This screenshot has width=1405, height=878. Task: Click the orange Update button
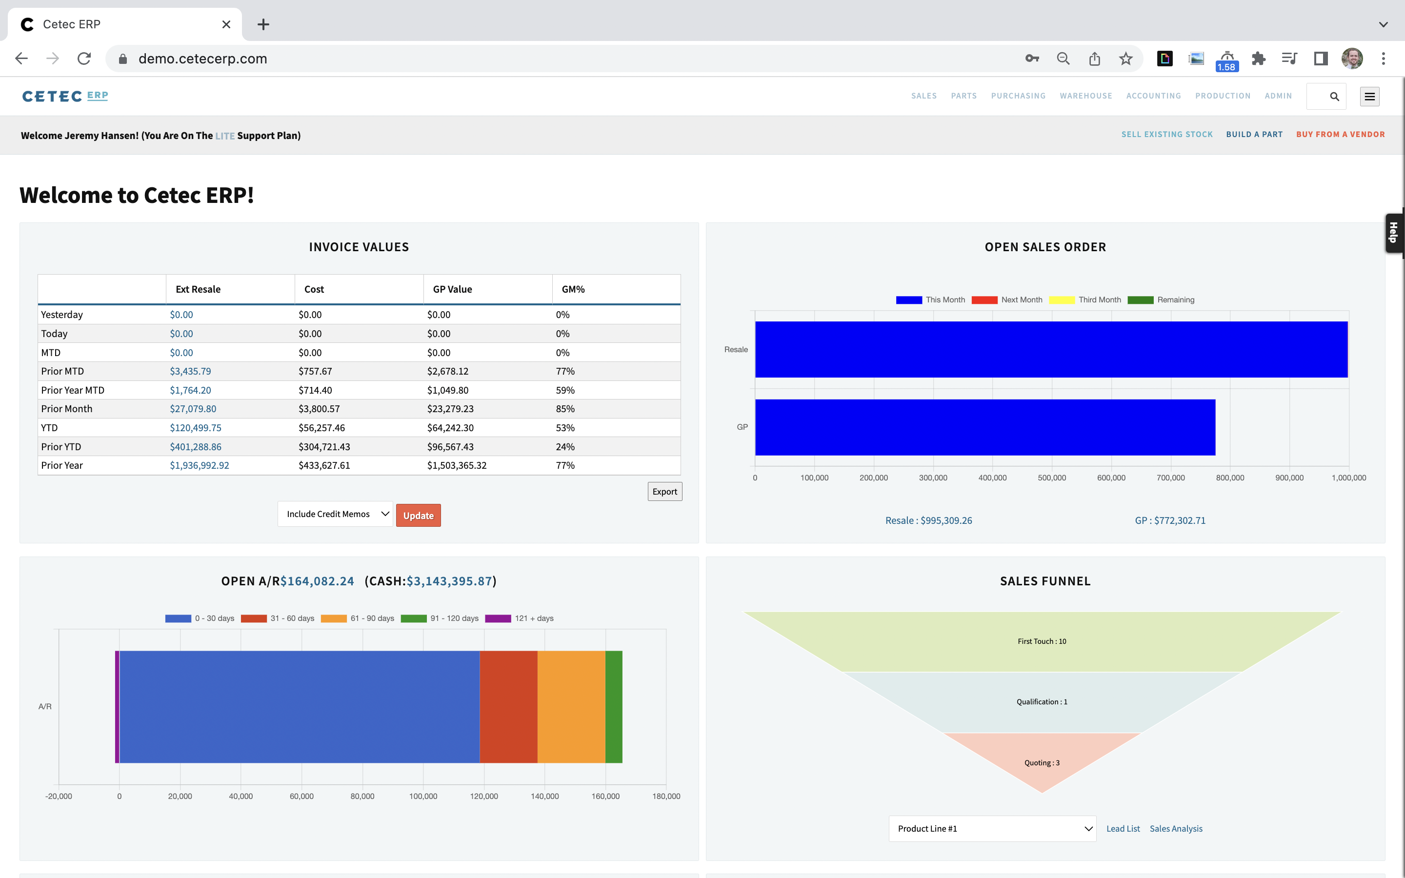point(418,516)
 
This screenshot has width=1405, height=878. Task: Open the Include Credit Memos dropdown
point(335,514)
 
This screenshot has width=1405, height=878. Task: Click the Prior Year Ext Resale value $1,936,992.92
point(199,465)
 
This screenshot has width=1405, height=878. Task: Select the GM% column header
point(573,289)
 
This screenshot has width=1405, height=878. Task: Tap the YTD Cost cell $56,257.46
point(321,428)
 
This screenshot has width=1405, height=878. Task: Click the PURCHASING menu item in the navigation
point(1018,96)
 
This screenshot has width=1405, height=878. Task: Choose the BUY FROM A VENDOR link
point(1340,134)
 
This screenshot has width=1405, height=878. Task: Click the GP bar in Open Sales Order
point(984,427)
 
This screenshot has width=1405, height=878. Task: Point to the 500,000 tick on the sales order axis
point(1051,478)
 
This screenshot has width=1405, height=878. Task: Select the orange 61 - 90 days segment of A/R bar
point(571,707)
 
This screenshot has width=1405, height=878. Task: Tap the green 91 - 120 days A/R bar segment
point(614,707)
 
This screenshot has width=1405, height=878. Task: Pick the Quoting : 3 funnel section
point(1042,762)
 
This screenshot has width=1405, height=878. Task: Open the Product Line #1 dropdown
point(992,829)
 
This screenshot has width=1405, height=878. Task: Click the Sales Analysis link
point(1176,829)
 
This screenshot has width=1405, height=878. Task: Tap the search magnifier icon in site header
point(1334,97)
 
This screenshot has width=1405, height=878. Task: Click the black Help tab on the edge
point(1393,233)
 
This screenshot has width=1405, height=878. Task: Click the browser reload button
point(84,59)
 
